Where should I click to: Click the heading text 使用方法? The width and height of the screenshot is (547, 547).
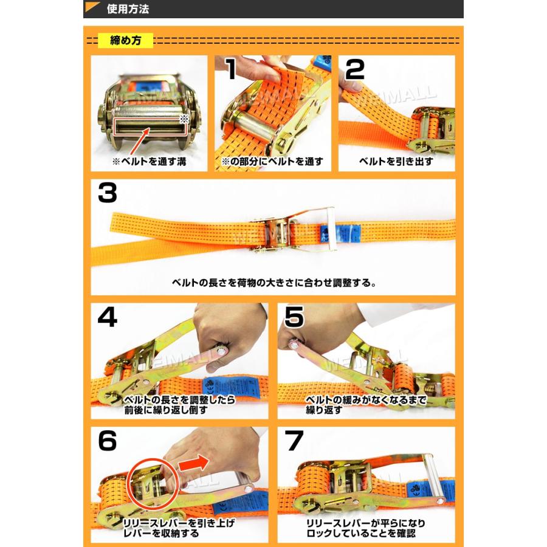tap(127, 9)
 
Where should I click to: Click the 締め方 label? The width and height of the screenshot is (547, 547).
tap(126, 41)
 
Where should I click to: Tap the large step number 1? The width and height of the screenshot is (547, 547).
tap(230, 72)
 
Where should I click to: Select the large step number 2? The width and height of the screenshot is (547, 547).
tap(354, 71)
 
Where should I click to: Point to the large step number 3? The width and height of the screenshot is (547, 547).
tap(107, 194)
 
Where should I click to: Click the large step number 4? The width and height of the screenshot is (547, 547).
tap(108, 317)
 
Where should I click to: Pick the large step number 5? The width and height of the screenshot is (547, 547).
tap(294, 317)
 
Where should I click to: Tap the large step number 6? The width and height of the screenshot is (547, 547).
tap(108, 442)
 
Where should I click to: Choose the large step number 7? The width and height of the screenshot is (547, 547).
tap(294, 442)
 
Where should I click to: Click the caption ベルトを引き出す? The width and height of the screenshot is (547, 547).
tap(396, 162)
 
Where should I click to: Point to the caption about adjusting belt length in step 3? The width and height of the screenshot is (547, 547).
tap(273, 282)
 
